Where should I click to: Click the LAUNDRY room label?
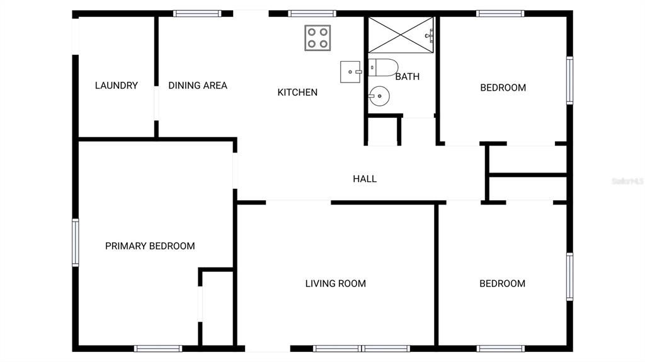click(x=116, y=86)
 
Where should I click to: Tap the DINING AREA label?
click(x=197, y=86)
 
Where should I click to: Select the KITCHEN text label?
click(x=297, y=93)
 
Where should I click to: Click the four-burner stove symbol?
click(x=317, y=38)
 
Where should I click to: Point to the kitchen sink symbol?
click(x=350, y=72)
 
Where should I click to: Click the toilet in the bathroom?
click(x=383, y=67)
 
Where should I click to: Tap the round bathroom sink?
click(x=379, y=97)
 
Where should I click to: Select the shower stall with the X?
click(x=401, y=34)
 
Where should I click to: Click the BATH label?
click(x=407, y=77)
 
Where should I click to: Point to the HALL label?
click(x=365, y=179)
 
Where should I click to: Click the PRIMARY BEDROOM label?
click(x=150, y=246)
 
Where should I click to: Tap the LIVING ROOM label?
click(x=335, y=284)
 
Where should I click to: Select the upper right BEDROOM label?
click(x=503, y=88)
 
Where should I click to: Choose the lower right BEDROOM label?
click(x=502, y=284)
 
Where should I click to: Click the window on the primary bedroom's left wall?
click(x=75, y=242)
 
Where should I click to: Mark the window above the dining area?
click(x=197, y=13)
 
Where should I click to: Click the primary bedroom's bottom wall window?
click(x=157, y=348)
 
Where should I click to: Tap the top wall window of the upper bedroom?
click(x=500, y=13)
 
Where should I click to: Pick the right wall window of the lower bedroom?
click(x=569, y=276)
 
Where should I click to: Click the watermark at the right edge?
click(x=627, y=181)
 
